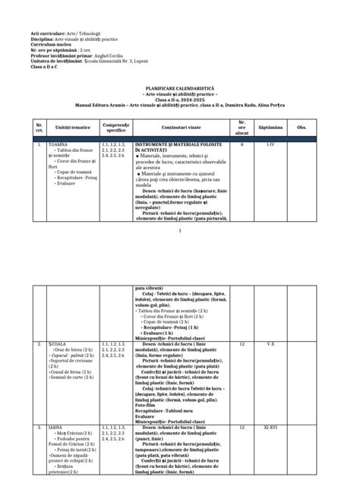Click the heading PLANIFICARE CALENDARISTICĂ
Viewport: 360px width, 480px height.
[x=179, y=87]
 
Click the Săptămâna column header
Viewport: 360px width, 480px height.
[x=270, y=128]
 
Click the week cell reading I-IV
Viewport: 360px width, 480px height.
[x=270, y=144]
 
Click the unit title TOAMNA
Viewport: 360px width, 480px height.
[x=58, y=144]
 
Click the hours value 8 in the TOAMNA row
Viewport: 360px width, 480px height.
[x=242, y=144]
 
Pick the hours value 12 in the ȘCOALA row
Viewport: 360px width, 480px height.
[x=242, y=344]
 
